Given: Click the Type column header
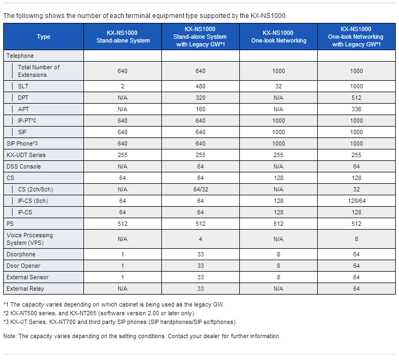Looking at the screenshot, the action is click(x=44, y=37).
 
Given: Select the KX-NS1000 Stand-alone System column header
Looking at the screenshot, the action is click(x=123, y=37).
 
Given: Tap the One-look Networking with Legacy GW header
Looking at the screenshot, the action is click(x=356, y=37).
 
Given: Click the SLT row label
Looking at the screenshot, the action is click(x=23, y=86).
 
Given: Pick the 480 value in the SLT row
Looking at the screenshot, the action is click(x=201, y=86).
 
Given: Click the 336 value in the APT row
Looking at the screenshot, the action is click(x=356, y=109).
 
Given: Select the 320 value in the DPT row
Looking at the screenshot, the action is click(x=201, y=98).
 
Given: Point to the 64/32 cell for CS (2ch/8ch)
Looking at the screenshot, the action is click(x=201, y=189).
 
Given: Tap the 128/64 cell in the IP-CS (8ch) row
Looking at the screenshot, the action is click(x=356, y=201).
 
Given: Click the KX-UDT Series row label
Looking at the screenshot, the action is click(x=26, y=155).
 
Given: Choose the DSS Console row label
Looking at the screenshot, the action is click(x=23, y=166).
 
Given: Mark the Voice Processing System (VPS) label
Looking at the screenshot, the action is click(x=30, y=239).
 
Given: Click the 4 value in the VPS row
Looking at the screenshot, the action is click(x=201, y=239).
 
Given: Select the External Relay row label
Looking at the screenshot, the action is click(x=26, y=289).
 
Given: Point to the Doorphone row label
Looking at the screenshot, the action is click(x=21, y=254).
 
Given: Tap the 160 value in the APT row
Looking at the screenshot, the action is click(x=201, y=109).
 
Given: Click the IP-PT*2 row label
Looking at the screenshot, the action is click(x=27, y=121).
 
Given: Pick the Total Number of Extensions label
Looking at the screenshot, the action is click(x=39, y=71).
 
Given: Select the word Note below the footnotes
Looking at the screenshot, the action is click(x=10, y=336).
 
